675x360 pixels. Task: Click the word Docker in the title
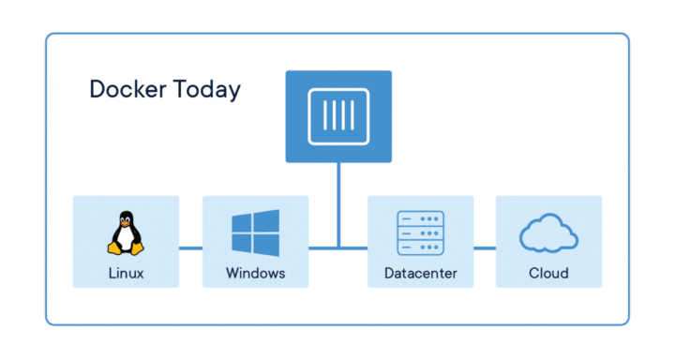(x=127, y=90)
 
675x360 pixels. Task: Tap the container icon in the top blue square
(x=338, y=114)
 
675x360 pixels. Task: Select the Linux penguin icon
(x=125, y=233)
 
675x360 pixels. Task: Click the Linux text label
(x=125, y=274)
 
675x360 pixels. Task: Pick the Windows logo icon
(x=255, y=233)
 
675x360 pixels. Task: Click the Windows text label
(x=255, y=274)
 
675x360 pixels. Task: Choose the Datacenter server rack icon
(x=420, y=233)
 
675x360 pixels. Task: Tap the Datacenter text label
(x=420, y=274)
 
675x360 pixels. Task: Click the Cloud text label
(x=548, y=274)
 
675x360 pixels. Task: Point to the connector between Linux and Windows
(x=190, y=248)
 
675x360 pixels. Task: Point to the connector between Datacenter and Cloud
(x=484, y=248)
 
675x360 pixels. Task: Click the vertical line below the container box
(x=338, y=202)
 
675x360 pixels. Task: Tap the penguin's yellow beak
(x=125, y=223)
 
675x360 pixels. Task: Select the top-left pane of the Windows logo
(x=243, y=223)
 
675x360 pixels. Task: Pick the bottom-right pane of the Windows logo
(x=266, y=245)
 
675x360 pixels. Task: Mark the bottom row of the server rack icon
(x=420, y=247)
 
